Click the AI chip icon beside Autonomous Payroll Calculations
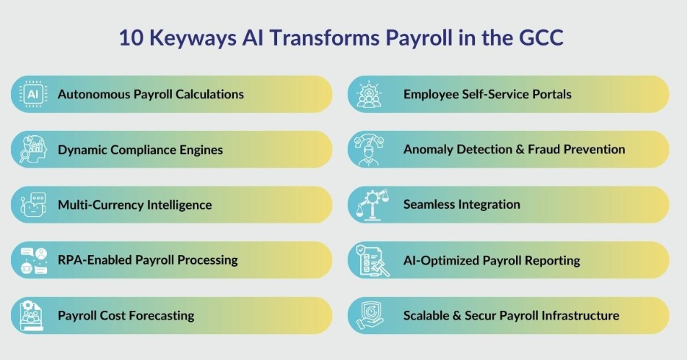33,94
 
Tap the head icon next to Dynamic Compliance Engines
33,149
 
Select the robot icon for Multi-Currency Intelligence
33,204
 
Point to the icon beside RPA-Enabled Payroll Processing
34,260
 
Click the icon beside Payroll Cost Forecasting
32,315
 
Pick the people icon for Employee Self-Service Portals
369,94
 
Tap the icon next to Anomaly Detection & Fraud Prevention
368,150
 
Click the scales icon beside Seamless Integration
372,204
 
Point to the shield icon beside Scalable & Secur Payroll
370,315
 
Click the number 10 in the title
131,37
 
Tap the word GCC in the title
541,37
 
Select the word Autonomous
94,94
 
